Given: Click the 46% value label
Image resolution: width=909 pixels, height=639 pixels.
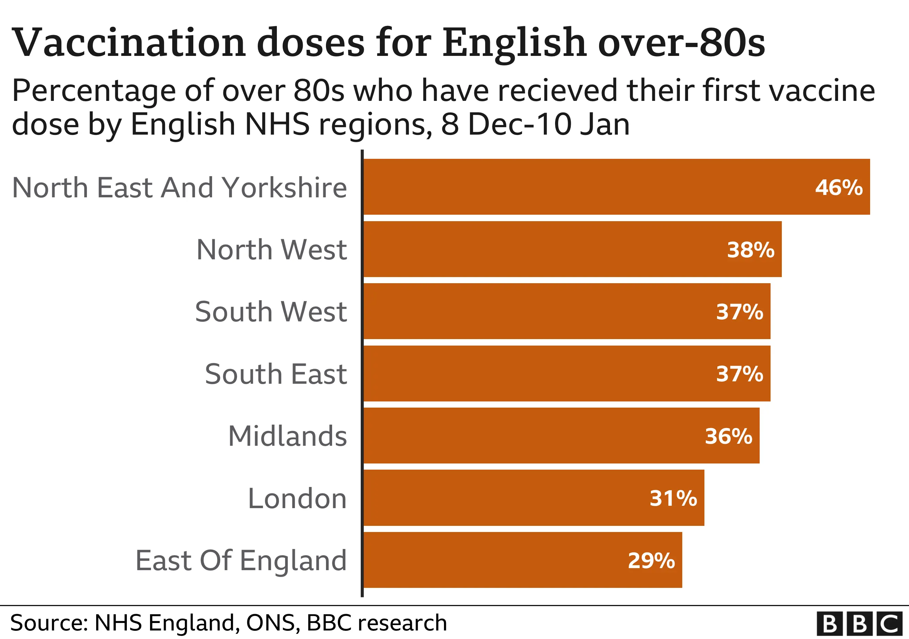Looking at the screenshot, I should pos(838,187).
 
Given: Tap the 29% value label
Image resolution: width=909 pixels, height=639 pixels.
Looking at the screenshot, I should pos(651,561).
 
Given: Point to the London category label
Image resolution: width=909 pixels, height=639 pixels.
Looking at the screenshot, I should pos(297,498).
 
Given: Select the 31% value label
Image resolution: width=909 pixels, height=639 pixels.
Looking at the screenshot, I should pos(673,498).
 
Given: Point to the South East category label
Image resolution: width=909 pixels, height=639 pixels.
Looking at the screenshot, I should pos(275,374).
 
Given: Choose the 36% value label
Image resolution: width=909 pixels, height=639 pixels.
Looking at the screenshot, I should pos(729,437).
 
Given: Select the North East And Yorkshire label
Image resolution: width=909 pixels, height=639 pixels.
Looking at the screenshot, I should pos(179,187).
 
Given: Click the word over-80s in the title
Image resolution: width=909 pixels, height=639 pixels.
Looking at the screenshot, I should pos(681,43).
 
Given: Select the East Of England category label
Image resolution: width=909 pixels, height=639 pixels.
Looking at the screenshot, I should pos(241,561).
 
